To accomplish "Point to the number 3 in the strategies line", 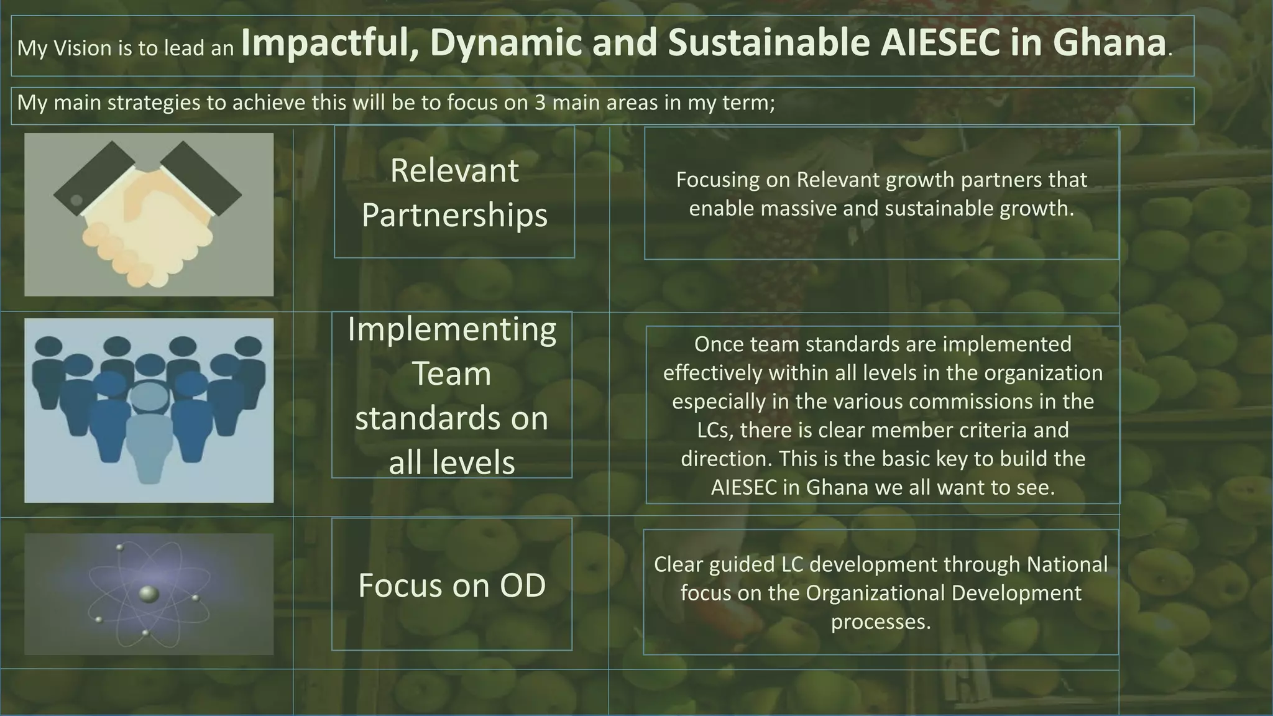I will pyautogui.click(x=540, y=103).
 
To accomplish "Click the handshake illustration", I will pyautogui.click(x=149, y=214).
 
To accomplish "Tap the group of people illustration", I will pyautogui.click(x=149, y=410).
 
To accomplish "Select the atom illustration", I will pyautogui.click(x=149, y=594).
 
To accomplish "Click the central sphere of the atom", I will pyautogui.click(x=148, y=594).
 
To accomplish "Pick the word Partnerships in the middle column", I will pyautogui.click(x=454, y=215).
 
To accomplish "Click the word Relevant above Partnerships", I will pyautogui.click(x=454, y=170).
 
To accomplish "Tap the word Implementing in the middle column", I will pyautogui.click(x=452, y=329).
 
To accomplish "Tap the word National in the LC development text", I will pyautogui.click(x=1067, y=564).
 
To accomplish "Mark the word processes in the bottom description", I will pyautogui.click(x=881, y=622).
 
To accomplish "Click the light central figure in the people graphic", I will pyautogui.click(x=149, y=435).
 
